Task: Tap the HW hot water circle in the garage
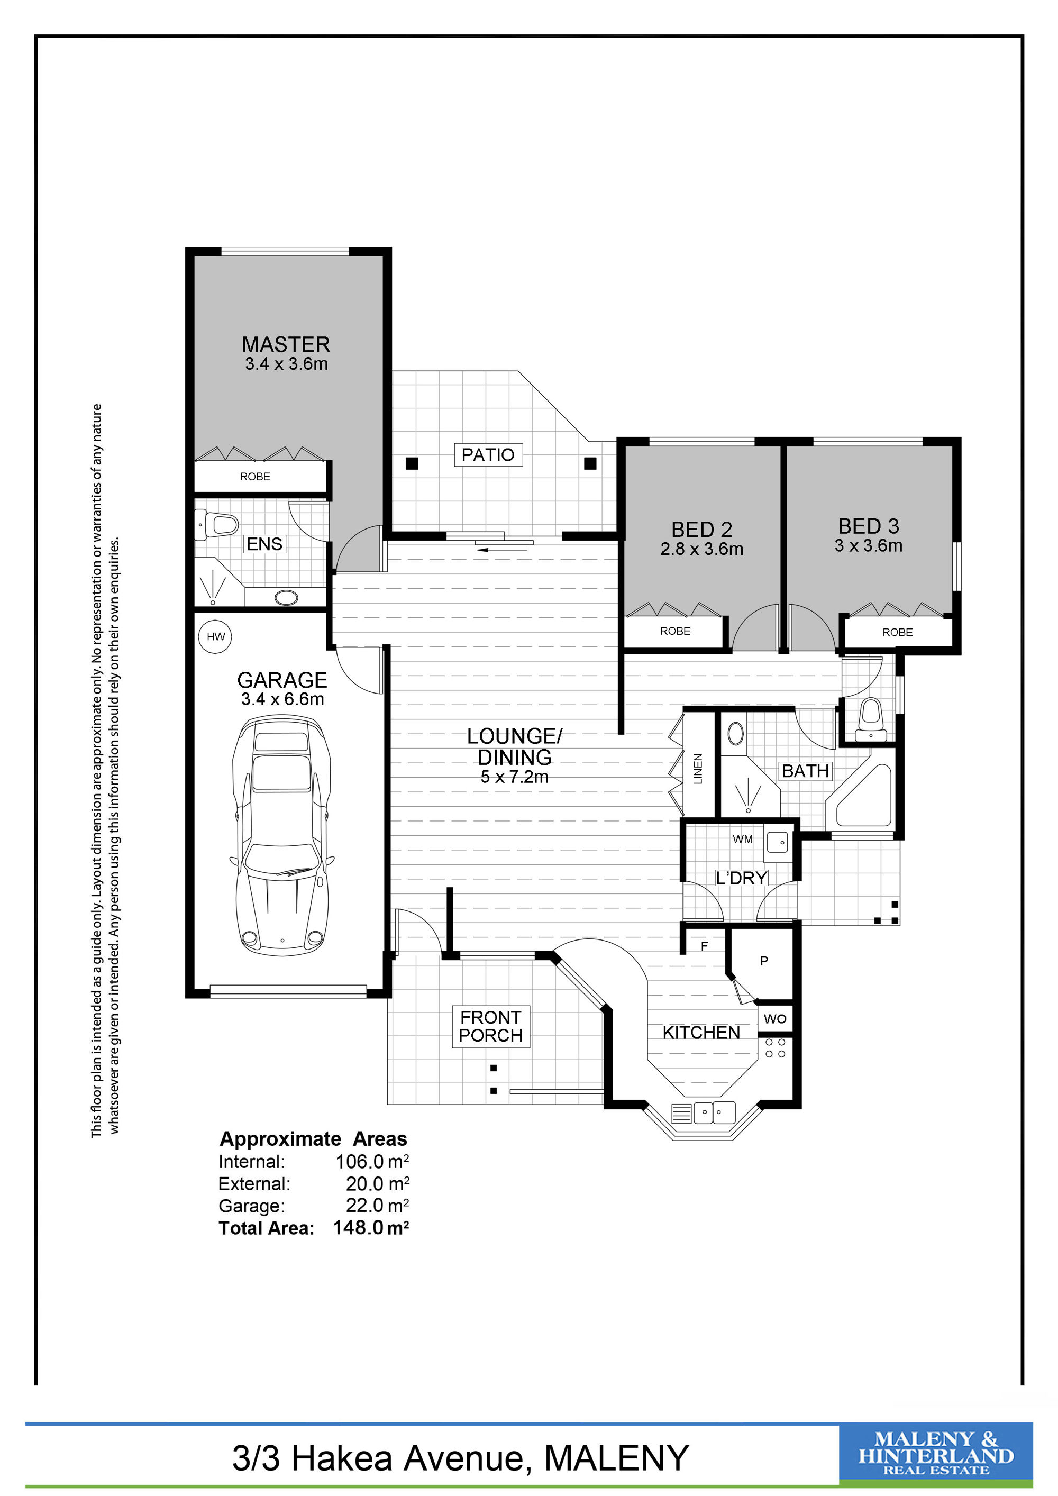pyautogui.click(x=216, y=636)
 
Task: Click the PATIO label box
pyautogui.click(x=488, y=455)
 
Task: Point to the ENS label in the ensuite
pyautogui.click(x=264, y=543)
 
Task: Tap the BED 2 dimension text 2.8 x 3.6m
pyautogui.click(x=701, y=549)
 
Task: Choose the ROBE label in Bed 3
pyautogui.click(x=897, y=632)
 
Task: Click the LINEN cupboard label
pyautogui.click(x=698, y=769)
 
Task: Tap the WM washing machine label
pyautogui.click(x=742, y=839)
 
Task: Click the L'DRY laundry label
pyautogui.click(x=741, y=878)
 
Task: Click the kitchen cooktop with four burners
pyautogui.click(x=776, y=1048)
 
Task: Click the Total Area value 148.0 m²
pyautogui.click(x=371, y=1228)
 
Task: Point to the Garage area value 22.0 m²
pyautogui.click(x=377, y=1206)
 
